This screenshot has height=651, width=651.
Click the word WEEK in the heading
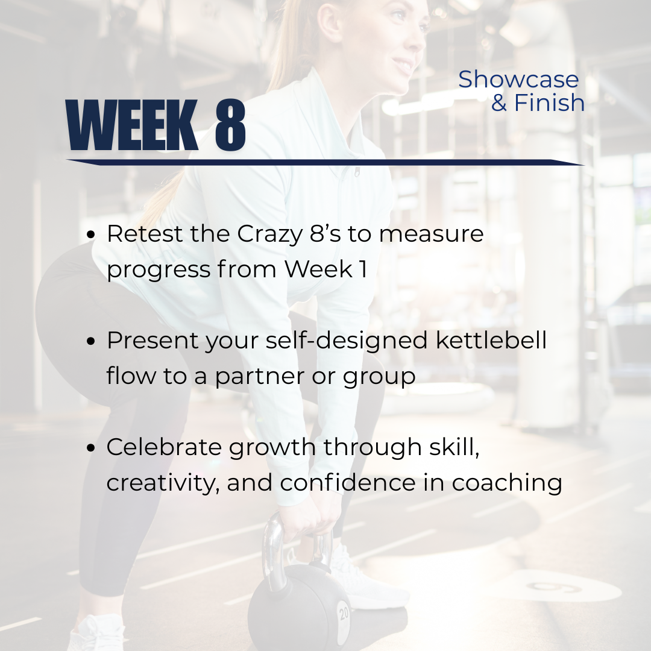click(x=132, y=125)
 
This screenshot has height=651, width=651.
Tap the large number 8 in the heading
click(x=230, y=125)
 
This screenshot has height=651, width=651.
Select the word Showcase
click(x=518, y=80)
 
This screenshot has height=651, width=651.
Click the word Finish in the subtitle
click(x=549, y=102)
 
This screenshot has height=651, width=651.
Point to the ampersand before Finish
click(x=498, y=102)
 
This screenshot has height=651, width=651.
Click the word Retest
click(x=145, y=234)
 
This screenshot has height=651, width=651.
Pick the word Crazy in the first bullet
click(x=270, y=234)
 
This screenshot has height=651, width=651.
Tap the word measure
click(x=432, y=234)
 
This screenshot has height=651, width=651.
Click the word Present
click(x=153, y=341)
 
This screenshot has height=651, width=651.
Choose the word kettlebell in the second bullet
click(x=491, y=340)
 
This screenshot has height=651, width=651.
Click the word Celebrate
click(x=163, y=447)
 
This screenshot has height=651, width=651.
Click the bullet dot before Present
click(x=92, y=341)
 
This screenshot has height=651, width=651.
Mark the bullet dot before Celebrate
click(x=92, y=448)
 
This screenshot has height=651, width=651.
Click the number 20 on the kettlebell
click(x=344, y=613)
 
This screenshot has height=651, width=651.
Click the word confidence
click(x=348, y=483)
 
